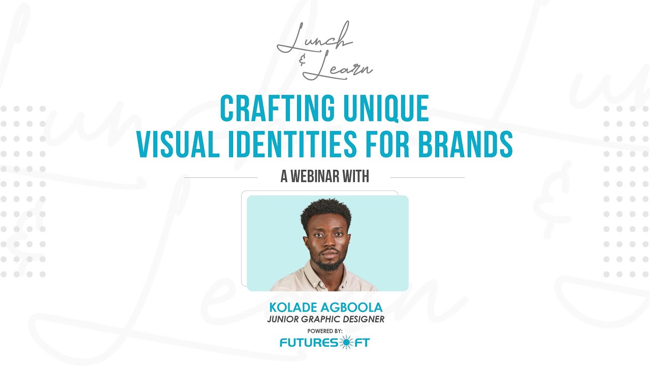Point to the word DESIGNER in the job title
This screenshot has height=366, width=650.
362,319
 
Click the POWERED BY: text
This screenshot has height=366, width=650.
325,331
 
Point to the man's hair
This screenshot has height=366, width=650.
326,209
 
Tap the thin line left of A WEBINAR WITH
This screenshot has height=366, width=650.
221,177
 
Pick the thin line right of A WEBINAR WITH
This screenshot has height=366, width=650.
427,177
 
